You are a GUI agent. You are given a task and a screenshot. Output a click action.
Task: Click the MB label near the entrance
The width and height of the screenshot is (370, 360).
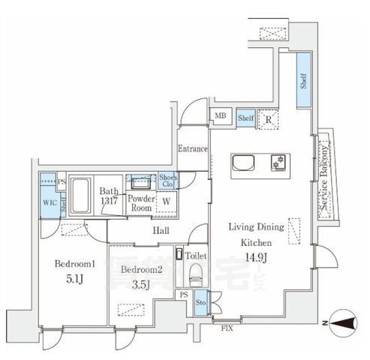coord(221,115)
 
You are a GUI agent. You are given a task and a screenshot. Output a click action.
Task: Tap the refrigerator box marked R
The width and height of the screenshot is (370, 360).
coord(268,117)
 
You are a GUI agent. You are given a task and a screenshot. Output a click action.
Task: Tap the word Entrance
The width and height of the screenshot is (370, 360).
coord(193,148)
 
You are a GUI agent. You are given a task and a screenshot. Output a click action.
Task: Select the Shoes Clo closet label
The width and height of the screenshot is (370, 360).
coord(167,181)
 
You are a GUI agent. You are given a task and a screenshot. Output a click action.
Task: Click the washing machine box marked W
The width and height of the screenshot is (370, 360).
coord(166,200)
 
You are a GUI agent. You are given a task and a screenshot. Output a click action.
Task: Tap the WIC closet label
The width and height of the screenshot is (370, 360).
coord(48,202)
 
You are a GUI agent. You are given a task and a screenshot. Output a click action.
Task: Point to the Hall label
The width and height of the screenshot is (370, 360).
coord(161,231)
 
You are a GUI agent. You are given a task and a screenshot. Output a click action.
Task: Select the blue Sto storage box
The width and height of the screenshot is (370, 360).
coord(200,303)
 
